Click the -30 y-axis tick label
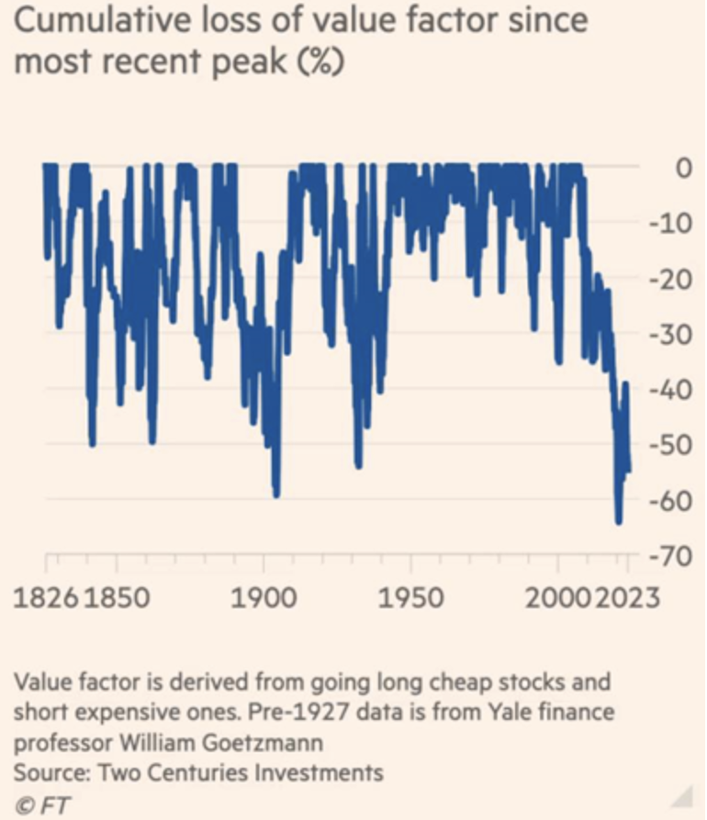[677, 334]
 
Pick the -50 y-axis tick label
[677, 445]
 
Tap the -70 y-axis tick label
[677, 556]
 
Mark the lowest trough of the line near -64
[619, 521]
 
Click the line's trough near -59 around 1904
[275, 493]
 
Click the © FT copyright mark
[33, 803]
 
